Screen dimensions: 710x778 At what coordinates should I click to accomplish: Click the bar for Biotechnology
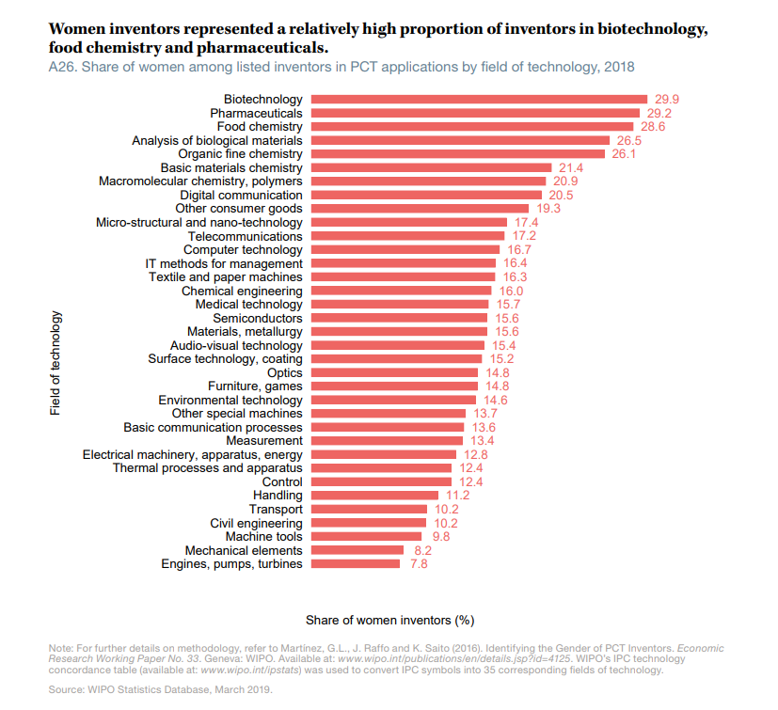tap(479, 99)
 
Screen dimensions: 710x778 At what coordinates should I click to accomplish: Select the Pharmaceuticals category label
tap(256, 113)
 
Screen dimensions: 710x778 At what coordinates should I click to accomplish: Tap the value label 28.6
tap(653, 126)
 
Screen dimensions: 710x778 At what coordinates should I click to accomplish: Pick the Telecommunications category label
tap(246, 236)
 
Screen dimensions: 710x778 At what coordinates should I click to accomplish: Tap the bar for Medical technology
tap(400, 304)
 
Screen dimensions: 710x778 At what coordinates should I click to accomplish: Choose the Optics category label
tap(285, 372)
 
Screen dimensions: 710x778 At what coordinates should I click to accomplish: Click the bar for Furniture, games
tap(394, 386)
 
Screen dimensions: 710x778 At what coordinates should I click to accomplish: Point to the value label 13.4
tap(482, 440)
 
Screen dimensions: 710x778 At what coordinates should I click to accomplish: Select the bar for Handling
tap(374, 495)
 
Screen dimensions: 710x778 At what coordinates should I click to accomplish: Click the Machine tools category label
tap(264, 536)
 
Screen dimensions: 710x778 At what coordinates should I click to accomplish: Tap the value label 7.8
tap(419, 563)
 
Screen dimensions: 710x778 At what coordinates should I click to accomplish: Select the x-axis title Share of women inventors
tap(389, 620)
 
